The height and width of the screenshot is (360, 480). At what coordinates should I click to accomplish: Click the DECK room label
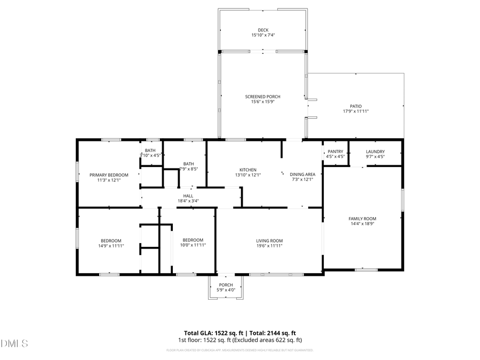pyautogui.click(x=263, y=30)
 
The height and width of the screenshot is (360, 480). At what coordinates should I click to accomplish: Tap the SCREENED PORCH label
pyautogui.click(x=262, y=97)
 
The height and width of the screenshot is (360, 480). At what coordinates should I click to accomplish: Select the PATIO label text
pyautogui.click(x=356, y=106)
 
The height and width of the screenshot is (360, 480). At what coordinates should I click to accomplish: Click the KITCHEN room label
pyautogui.click(x=247, y=170)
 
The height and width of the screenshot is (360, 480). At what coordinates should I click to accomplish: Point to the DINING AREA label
pyautogui.click(x=302, y=174)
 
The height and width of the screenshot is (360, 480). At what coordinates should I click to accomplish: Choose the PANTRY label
pyautogui.click(x=335, y=151)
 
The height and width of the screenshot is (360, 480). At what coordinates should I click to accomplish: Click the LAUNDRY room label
pyautogui.click(x=375, y=151)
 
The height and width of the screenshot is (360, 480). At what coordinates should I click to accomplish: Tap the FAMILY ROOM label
pyautogui.click(x=362, y=219)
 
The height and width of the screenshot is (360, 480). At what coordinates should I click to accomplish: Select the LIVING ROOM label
pyautogui.click(x=269, y=241)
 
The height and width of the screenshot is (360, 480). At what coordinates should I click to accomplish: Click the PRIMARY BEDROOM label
pyautogui.click(x=109, y=175)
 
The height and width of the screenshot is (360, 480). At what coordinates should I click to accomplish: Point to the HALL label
pyautogui.click(x=188, y=196)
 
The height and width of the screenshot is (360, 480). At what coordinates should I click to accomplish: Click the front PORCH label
pyautogui.click(x=226, y=285)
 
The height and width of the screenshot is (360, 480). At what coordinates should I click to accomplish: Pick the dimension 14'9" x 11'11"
pyautogui.click(x=111, y=245)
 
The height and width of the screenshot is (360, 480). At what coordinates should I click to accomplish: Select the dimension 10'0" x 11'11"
pyautogui.click(x=193, y=245)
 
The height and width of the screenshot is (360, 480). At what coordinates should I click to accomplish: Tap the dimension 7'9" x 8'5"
pyautogui.click(x=188, y=169)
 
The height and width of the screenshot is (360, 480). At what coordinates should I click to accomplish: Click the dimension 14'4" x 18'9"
pyautogui.click(x=362, y=224)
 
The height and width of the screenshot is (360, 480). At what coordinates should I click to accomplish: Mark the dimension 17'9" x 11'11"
pyautogui.click(x=356, y=111)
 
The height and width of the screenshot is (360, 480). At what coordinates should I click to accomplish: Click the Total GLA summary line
pyautogui.click(x=240, y=333)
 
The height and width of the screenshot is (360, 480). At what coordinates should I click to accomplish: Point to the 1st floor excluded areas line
pyautogui.click(x=240, y=340)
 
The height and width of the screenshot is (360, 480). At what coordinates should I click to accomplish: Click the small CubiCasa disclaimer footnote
pyautogui.click(x=240, y=350)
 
